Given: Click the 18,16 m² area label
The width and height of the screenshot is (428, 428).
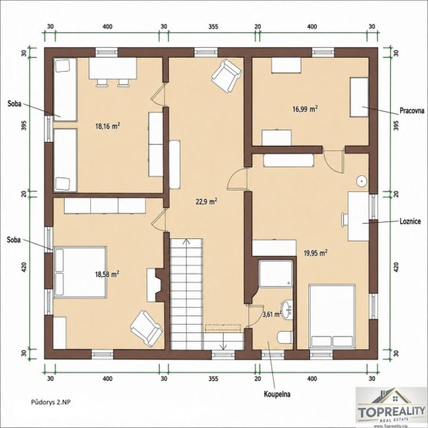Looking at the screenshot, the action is [x=108, y=126].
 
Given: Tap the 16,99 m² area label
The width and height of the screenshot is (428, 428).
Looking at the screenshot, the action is [x=305, y=109].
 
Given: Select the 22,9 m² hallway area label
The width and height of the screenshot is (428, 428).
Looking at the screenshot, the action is [x=207, y=201].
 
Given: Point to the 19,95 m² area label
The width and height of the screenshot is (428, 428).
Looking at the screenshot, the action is [x=316, y=253].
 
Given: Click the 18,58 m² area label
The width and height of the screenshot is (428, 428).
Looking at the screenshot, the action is [x=106, y=274].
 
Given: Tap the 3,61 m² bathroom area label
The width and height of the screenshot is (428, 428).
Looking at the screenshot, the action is [x=272, y=315].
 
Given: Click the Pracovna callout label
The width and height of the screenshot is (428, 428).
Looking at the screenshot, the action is [x=412, y=110].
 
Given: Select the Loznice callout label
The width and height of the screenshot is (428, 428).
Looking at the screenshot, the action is [x=410, y=221].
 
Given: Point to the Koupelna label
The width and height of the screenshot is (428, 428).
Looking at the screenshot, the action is [x=277, y=394].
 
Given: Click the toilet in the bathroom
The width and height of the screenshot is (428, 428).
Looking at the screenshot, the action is [x=285, y=337].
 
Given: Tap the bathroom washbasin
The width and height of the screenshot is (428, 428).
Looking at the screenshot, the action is [x=287, y=310].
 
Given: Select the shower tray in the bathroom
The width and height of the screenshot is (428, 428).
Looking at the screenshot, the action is [x=275, y=274].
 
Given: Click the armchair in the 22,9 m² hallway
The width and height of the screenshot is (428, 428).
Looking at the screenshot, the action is [x=227, y=76].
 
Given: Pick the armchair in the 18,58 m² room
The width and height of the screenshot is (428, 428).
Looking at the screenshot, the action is [x=147, y=329].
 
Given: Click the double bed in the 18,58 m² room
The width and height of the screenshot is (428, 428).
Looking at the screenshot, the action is [x=80, y=272].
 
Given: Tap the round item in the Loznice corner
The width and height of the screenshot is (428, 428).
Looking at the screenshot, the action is [x=362, y=181].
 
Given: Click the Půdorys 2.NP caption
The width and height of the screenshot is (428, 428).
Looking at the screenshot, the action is [x=51, y=402].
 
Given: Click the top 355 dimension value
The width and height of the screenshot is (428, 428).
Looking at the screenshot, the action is [x=214, y=26].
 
